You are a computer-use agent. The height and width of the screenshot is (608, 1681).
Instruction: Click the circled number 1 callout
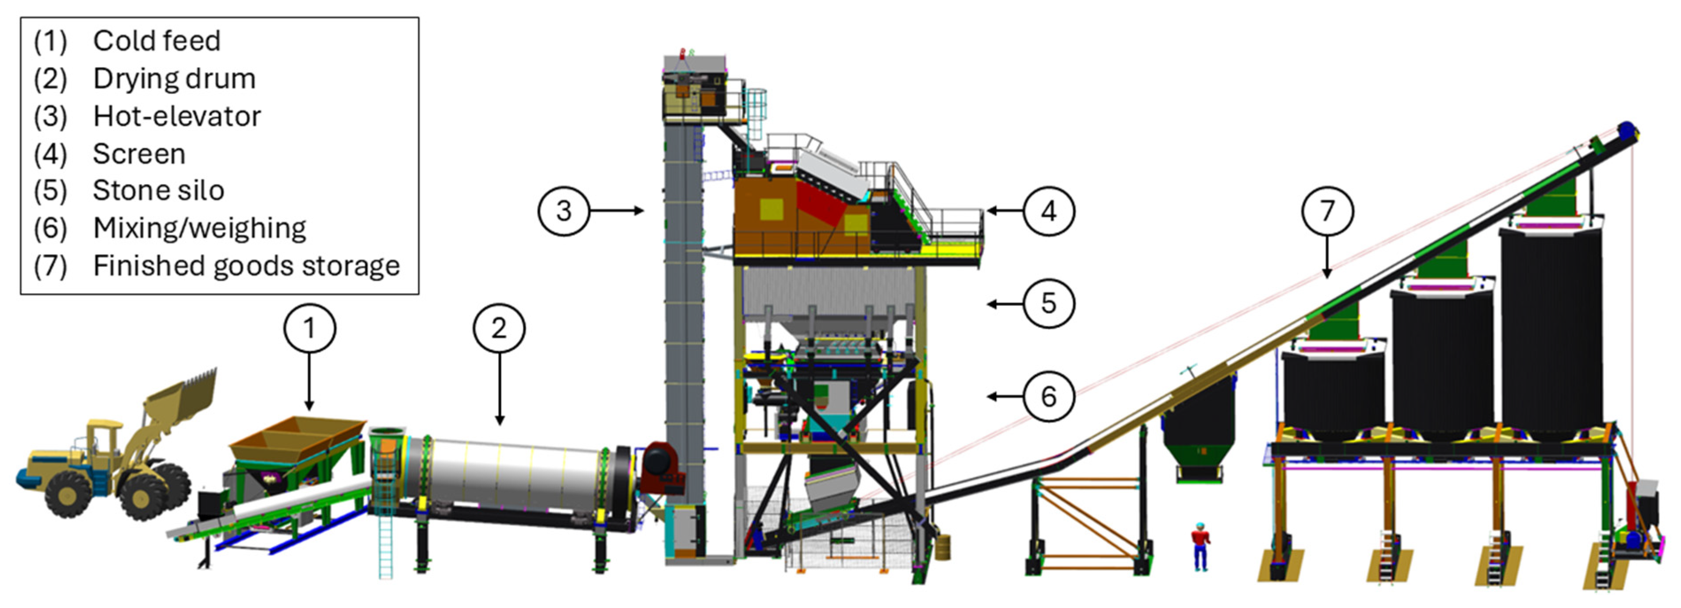pyautogui.click(x=309, y=328)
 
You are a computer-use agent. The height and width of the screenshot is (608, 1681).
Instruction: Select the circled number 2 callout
pyautogui.click(x=499, y=328)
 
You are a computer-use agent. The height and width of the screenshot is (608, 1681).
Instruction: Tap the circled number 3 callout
pyautogui.click(x=564, y=211)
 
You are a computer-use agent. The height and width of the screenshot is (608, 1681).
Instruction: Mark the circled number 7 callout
pyautogui.click(x=1327, y=211)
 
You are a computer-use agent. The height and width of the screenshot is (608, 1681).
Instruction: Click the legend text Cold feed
pyautogui.click(x=157, y=41)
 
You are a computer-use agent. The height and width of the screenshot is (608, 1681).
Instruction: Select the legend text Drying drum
pyautogui.click(x=174, y=79)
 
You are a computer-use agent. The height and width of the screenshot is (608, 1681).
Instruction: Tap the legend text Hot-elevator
pyautogui.click(x=177, y=116)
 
